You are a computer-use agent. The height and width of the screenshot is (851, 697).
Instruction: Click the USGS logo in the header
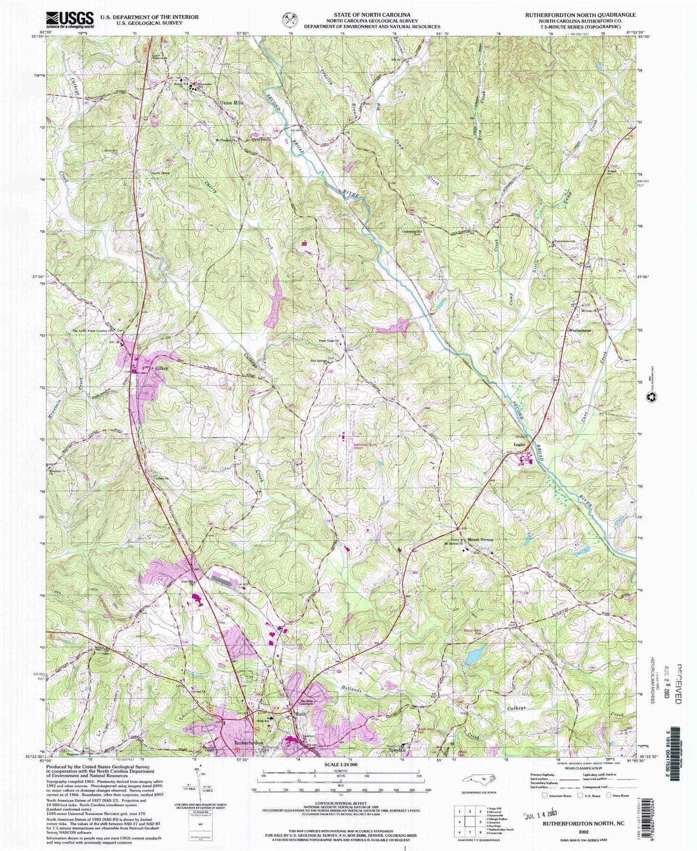point(70,19)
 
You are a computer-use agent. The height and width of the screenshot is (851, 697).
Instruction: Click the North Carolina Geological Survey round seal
point(290,20)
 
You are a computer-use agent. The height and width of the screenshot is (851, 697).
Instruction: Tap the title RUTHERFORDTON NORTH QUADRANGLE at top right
point(580,15)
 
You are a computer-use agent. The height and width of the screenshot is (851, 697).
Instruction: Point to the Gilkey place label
point(162,368)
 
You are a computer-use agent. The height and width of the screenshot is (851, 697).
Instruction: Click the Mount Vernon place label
point(480,540)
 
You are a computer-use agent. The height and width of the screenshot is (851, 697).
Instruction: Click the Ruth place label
point(301,714)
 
